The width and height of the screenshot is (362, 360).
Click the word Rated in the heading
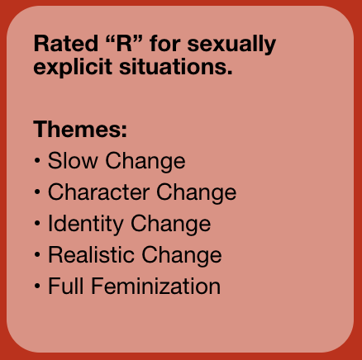[x=66, y=44]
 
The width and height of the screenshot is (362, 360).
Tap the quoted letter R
[x=124, y=44]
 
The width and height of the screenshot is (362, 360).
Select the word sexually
[x=231, y=45]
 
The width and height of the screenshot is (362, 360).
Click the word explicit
[x=73, y=68]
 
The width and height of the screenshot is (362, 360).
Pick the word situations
[x=176, y=67]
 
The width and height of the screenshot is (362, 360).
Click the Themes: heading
[x=80, y=129]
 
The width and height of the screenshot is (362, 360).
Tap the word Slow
[x=73, y=160]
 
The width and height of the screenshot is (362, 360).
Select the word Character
[x=99, y=192]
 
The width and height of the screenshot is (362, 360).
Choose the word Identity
[x=86, y=225]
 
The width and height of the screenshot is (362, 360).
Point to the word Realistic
[x=92, y=254]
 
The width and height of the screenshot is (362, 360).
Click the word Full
[x=66, y=286]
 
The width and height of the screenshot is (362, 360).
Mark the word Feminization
[x=156, y=286]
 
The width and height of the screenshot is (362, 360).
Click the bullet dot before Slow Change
[x=37, y=160]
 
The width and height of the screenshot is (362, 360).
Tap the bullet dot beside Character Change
[x=37, y=192]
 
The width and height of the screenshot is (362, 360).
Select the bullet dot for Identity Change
[x=37, y=223]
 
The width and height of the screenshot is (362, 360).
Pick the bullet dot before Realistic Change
[x=37, y=254]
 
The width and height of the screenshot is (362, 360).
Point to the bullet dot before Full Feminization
[x=37, y=286]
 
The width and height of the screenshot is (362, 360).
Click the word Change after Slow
[x=145, y=162]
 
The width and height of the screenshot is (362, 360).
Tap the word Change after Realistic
[x=182, y=256]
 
